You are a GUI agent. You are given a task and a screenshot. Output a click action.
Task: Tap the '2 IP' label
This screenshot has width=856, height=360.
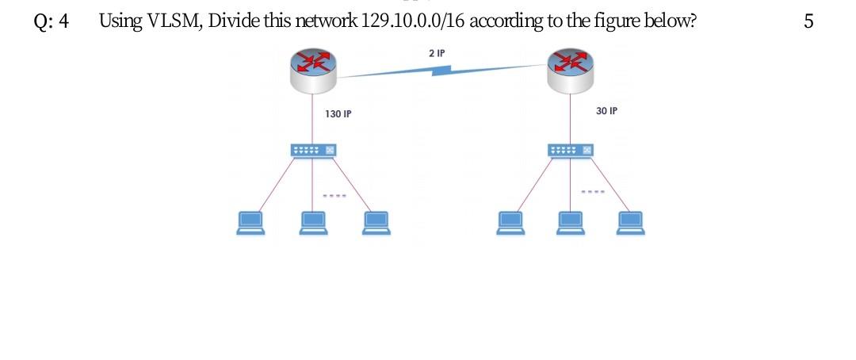(x=436, y=54)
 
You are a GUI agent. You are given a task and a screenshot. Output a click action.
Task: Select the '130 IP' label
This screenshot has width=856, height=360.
(x=338, y=114)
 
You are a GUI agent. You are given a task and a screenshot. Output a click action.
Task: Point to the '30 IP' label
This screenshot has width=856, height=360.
(x=606, y=111)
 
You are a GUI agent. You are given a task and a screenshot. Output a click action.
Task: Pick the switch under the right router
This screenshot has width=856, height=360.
(x=571, y=150)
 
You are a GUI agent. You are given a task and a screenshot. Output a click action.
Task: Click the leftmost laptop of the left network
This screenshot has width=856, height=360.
(x=250, y=223)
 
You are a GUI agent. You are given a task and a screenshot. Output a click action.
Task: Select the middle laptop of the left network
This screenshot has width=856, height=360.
(x=313, y=223)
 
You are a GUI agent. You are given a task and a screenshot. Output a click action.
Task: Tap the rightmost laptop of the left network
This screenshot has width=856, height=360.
(x=376, y=223)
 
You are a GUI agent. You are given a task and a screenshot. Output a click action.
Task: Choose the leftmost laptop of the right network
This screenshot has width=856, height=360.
(x=509, y=223)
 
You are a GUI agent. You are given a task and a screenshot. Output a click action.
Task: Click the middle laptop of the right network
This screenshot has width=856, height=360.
(x=571, y=223)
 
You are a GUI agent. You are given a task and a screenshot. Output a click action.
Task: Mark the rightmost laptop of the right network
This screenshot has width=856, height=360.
(x=632, y=223)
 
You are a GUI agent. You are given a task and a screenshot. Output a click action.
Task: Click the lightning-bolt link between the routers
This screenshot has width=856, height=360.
(x=440, y=71)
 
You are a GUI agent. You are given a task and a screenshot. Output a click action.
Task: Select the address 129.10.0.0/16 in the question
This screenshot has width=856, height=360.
(x=412, y=21)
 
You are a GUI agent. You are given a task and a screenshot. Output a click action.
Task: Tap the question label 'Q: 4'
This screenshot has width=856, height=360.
(x=52, y=21)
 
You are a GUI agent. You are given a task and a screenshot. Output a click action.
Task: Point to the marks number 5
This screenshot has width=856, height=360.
(x=808, y=21)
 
